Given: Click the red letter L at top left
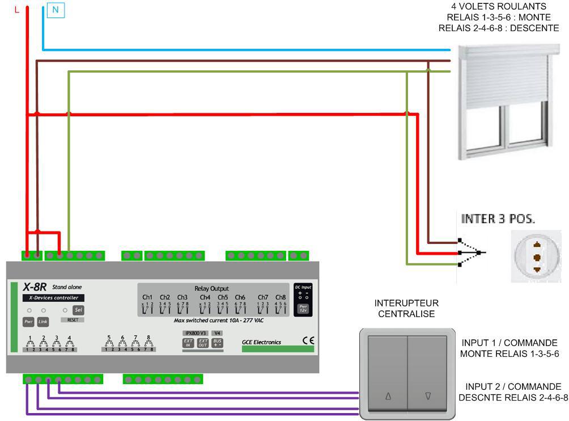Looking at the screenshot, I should tap(17, 10).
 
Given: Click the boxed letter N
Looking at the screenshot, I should tap(55, 10).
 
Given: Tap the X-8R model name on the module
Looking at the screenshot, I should tap(35, 287).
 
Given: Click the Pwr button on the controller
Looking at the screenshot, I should tap(28, 322).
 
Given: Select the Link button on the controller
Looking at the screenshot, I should tap(43, 322).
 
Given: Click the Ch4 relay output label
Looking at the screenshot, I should tap(205, 297).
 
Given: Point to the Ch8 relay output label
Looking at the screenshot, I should tap(281, 297).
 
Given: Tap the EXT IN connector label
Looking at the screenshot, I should tap(188, 343).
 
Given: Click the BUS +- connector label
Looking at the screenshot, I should tap(217, 343).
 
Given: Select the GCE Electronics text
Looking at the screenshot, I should tap(261, 342).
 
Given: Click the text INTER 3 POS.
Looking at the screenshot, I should tap(498, 218).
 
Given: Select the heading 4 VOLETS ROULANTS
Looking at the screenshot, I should tap(499, 7).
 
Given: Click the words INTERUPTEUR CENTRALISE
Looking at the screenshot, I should tap(406, 309).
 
